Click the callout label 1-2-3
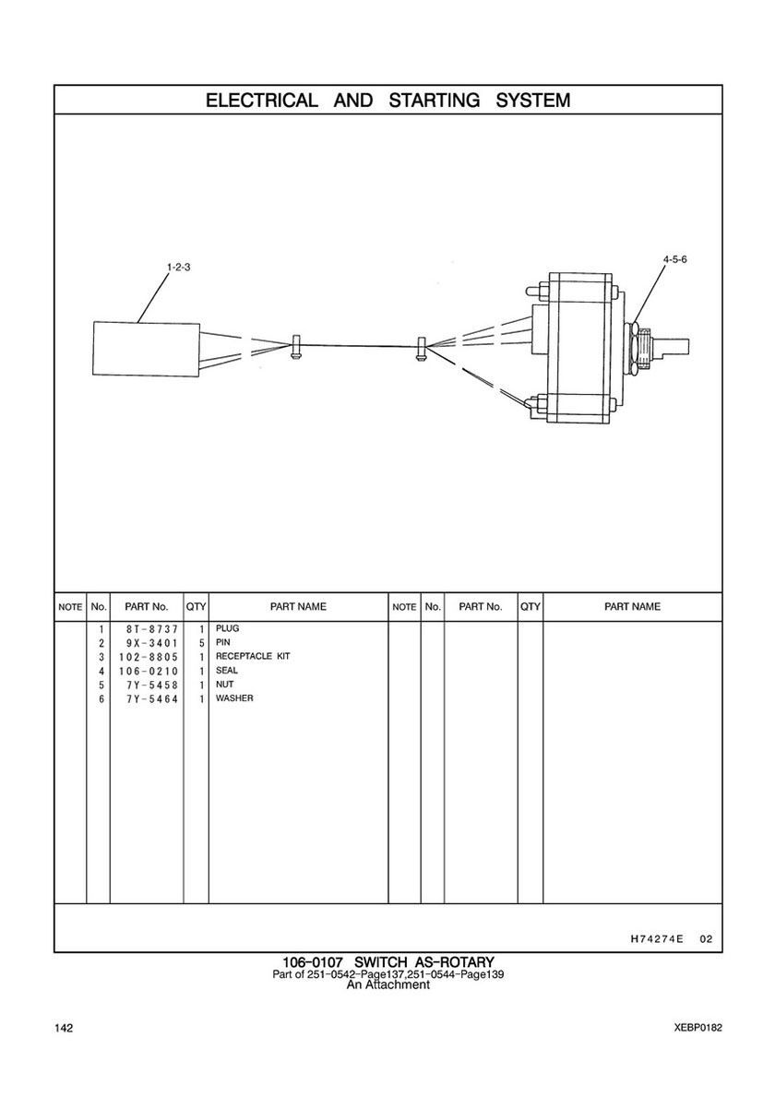178,267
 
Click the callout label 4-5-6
675,259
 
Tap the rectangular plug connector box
147,349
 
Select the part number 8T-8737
148,629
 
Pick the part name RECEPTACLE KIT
253,656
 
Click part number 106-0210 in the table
148,671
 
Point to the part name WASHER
234,698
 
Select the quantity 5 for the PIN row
201,642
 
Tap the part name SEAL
227,670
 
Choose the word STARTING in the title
434,100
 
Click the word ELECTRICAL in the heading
261,100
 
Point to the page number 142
63,1028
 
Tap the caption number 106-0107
312,962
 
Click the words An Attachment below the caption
388,984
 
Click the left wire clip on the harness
295,347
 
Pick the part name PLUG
227,628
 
